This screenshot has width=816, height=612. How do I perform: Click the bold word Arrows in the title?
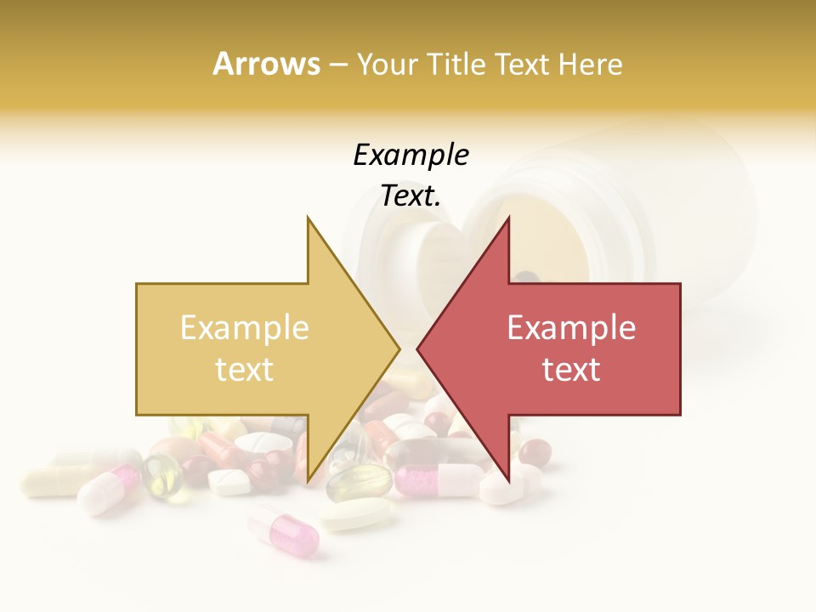point(266,64)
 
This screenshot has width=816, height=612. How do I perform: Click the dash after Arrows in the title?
point(337,65)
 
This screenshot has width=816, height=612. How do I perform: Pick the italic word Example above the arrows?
point(411,155)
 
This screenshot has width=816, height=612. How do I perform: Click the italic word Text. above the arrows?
point(411,196)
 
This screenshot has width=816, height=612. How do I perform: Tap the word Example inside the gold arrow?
point(244,327)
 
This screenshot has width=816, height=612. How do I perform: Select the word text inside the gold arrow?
point(244,370)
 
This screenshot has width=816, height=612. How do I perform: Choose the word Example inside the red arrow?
point(571,327)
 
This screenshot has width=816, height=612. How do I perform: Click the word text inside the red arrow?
point(571,370)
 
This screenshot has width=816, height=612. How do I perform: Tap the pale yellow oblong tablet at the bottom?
point(357,514)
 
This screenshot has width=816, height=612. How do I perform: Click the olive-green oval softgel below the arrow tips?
point(360,483)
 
